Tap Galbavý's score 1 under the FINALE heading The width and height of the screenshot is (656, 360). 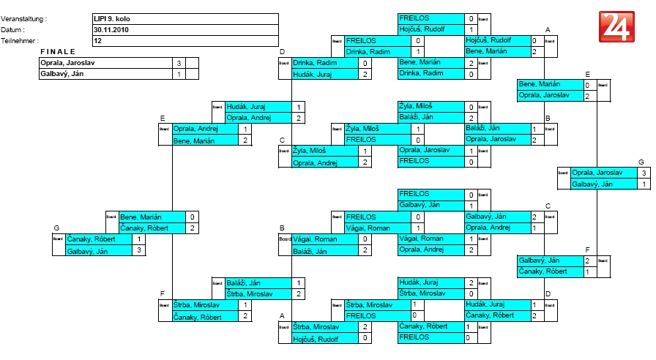pyautogui.click(x=179, y=75)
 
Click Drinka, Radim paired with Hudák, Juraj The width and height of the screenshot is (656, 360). pyautogui.click(x=313, y=64)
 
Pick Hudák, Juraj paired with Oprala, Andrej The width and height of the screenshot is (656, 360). pyautogui.click(x=245, y=107)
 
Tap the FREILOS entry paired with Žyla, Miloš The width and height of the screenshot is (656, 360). pyautogui.click(x=362, y=139)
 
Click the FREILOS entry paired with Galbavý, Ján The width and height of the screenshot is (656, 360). pyautogui.click(x=414, y=195)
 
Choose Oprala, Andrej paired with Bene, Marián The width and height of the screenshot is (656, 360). pyautogui.click(x=195, y=129)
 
